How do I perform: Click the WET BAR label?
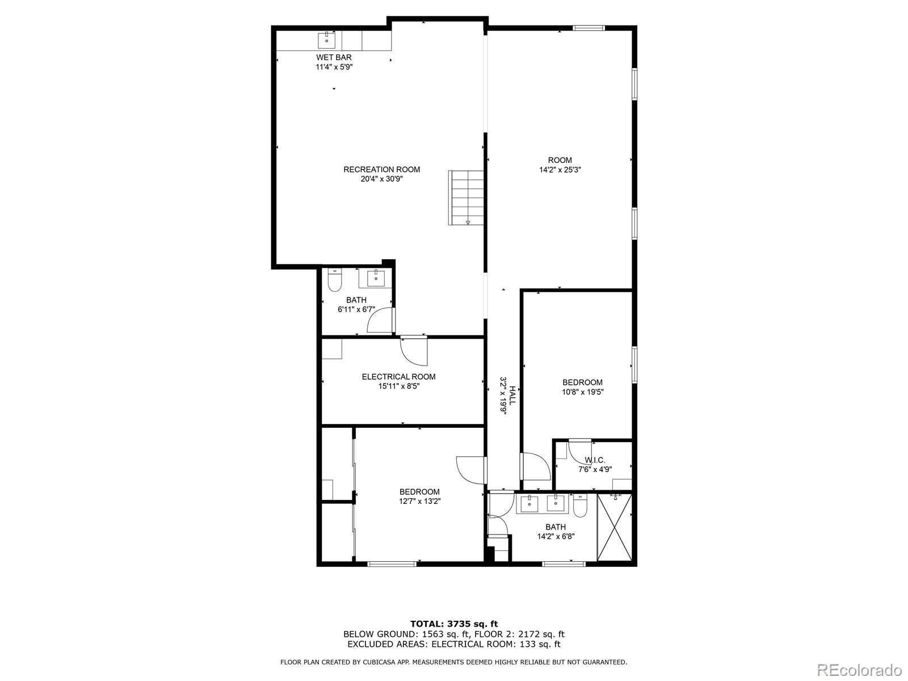tap(334, 57)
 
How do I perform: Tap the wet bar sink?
tap(326, 40)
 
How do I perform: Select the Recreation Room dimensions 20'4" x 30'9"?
tap(381, 179)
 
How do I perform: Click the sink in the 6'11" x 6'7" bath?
tap(376, 279)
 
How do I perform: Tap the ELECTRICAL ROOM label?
tap(398, 377)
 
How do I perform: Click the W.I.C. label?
tap(595, 460)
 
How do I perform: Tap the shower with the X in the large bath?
tap(615, 527)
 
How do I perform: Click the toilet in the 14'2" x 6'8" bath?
tap(580, 506)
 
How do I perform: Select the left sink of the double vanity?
tap(529, 503)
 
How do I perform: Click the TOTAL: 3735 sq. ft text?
tap(454, 624)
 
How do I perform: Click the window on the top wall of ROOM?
tap(588, 28)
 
